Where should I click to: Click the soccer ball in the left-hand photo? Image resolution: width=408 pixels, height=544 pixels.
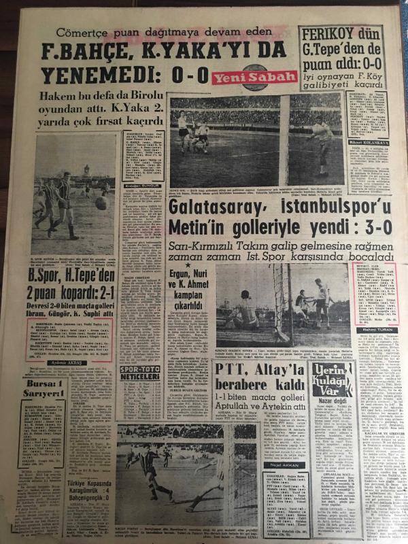[x=101, y=203]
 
